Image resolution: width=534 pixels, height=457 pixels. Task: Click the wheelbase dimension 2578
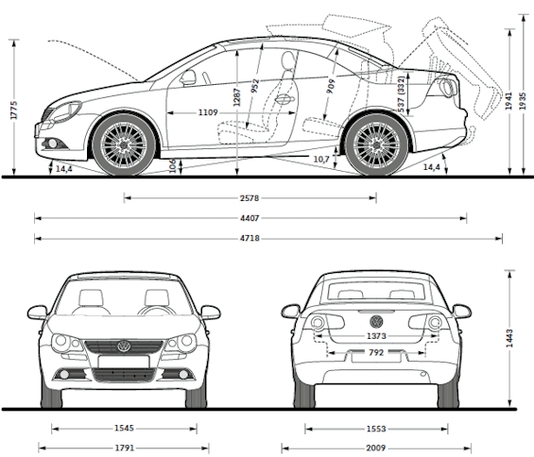250,198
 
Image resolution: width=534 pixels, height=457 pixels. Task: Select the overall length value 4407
250,218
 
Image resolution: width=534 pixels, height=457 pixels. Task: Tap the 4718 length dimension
250,238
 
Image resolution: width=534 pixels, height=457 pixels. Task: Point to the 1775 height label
14,110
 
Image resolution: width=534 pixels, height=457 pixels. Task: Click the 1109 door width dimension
208,112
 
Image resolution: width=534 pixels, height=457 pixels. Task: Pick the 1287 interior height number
237,97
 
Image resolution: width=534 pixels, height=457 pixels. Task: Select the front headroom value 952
255,86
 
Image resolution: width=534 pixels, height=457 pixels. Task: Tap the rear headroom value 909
331,86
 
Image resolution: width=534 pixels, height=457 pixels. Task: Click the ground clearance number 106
173,166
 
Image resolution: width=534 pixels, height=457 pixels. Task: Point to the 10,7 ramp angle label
321,159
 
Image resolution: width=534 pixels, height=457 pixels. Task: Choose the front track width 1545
124,428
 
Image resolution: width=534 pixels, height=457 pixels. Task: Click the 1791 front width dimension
125,448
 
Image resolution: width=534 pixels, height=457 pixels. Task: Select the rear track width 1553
376,429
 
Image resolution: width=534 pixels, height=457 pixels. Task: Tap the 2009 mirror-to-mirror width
376,448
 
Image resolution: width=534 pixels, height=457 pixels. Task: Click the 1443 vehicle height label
509,338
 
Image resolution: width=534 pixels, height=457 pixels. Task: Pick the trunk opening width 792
376,352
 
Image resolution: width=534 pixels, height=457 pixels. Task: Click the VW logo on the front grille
124,347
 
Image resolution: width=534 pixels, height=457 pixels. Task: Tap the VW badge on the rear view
376,321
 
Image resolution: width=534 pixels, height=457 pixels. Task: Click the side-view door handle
284,99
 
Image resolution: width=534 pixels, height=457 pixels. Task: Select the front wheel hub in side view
124,145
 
